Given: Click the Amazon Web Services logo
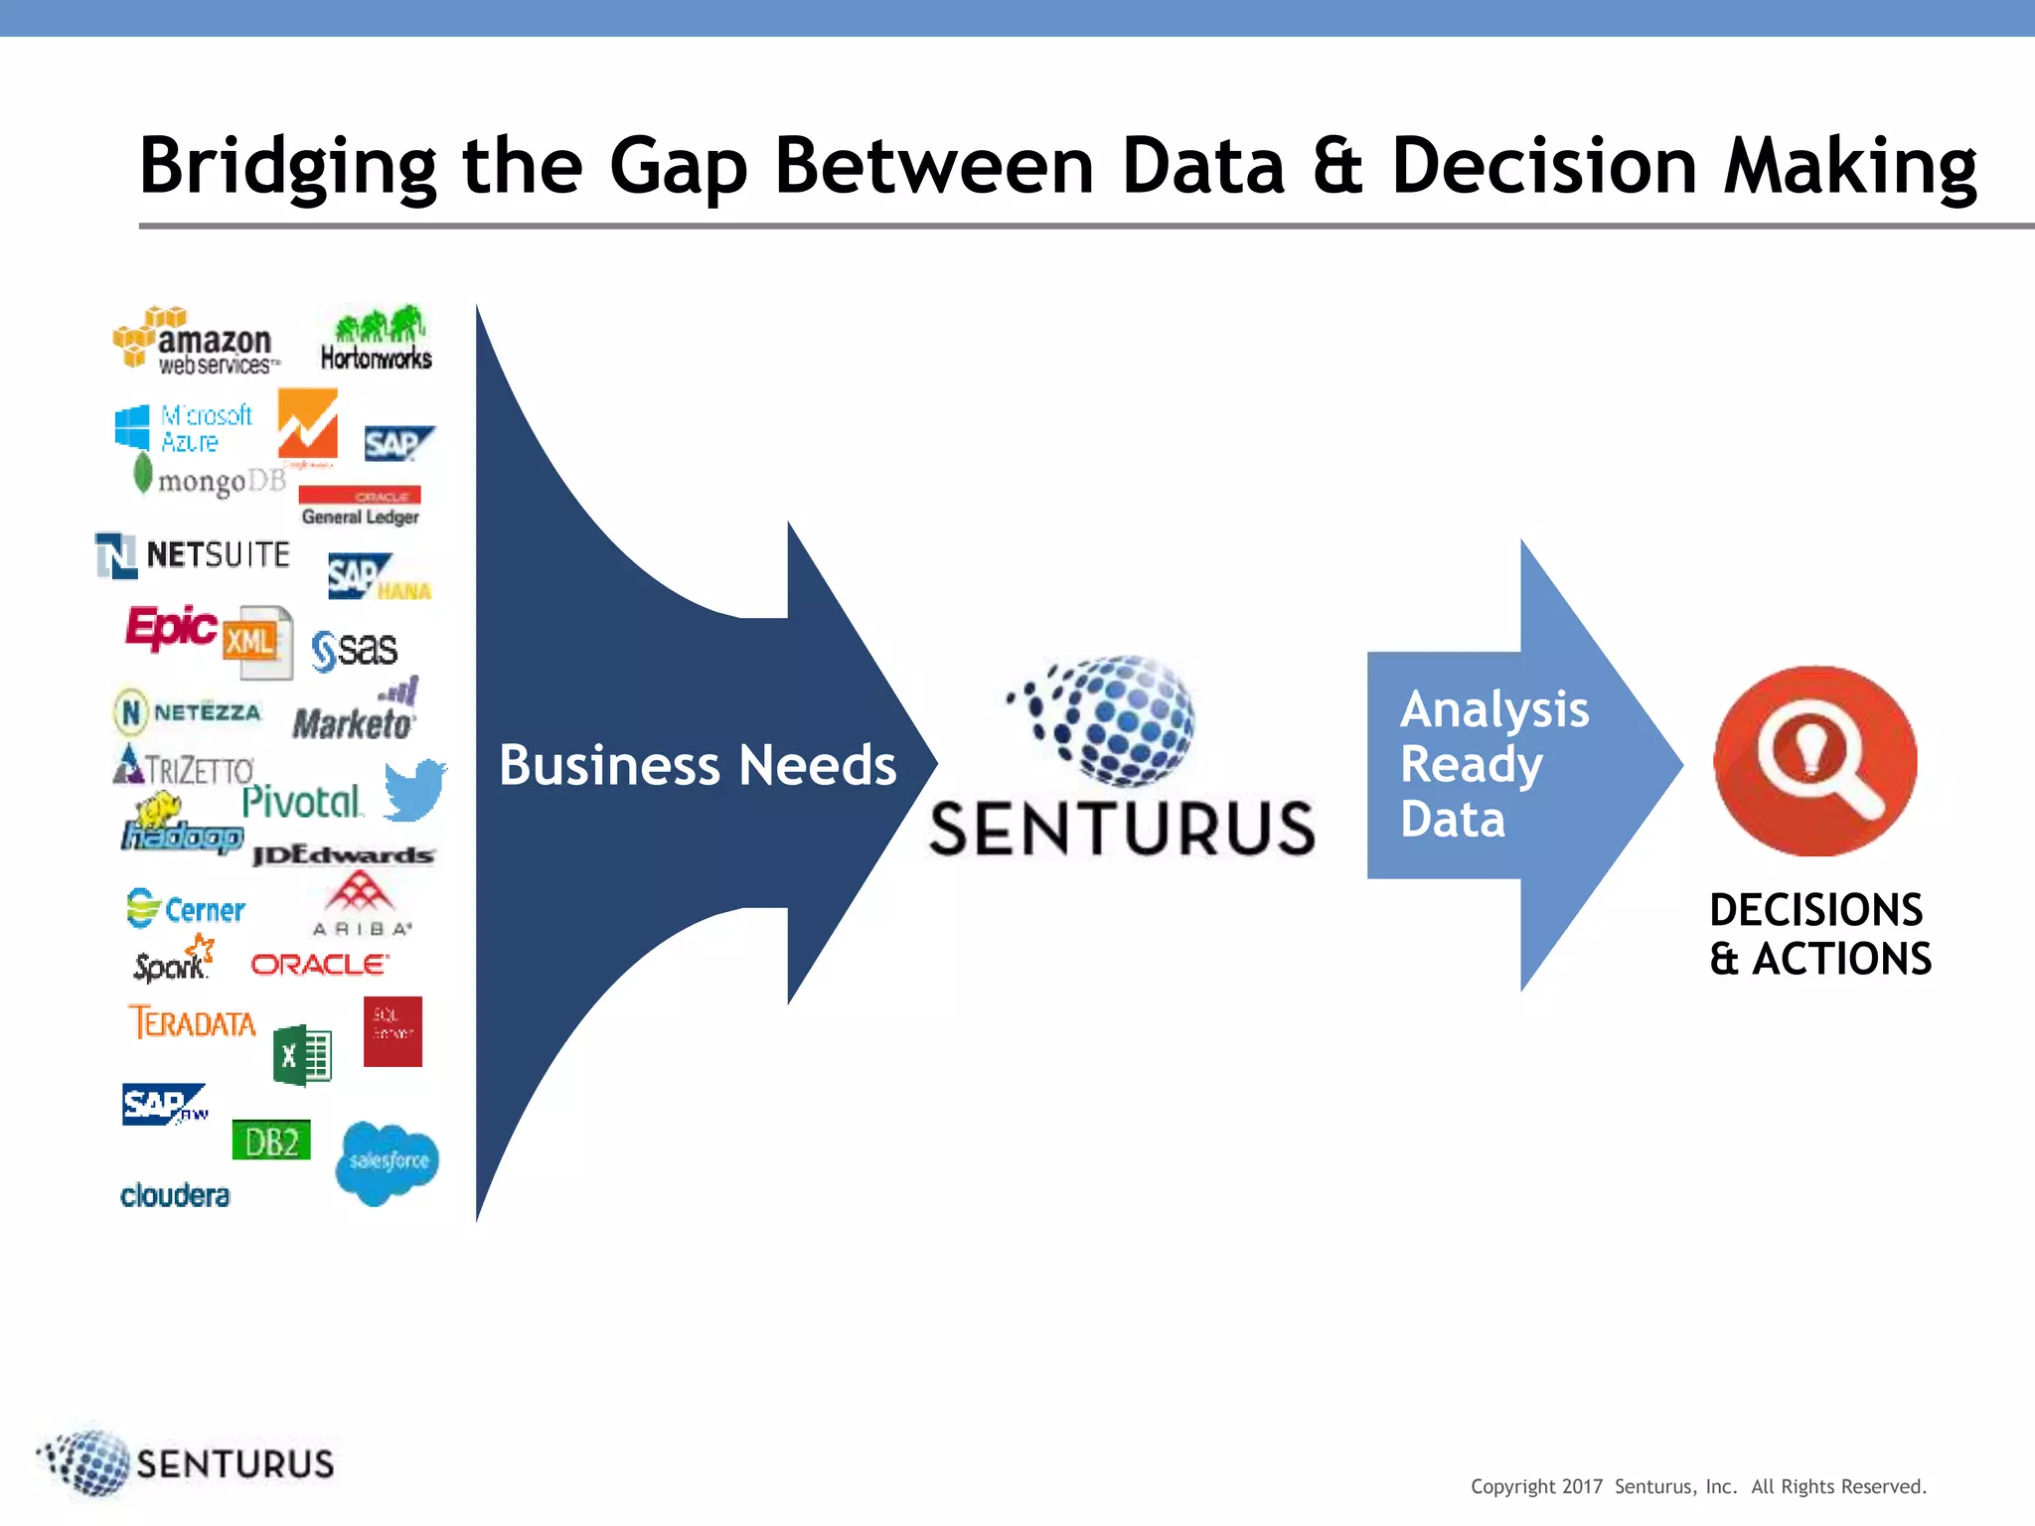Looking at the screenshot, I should coord(197,342).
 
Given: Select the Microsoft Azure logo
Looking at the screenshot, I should coord(185,428).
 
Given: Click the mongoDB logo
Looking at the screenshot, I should coord(211,479).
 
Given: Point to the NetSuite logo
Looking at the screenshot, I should coord(193,554).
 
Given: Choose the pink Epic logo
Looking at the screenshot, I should coord(170,627).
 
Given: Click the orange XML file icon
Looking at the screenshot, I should coord(256,642).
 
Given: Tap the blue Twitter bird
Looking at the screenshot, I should coord(414,790).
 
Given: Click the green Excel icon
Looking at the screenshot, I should coord(302,1055).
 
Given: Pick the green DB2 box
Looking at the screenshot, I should coord(271,1141).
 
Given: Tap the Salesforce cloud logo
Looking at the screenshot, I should coord(388,1161).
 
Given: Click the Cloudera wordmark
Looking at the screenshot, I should coord(175,1195).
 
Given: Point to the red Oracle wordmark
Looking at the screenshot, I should coord(319,965).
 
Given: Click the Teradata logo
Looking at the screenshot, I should coord(193,1022).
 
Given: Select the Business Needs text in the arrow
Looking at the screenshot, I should coord(698,765).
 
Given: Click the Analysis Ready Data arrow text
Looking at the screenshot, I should coord(1493,764).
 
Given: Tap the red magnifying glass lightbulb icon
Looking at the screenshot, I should coord(1815,760).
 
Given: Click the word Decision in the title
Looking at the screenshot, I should coord(1544,166).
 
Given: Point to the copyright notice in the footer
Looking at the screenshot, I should coord(1698,1486).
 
